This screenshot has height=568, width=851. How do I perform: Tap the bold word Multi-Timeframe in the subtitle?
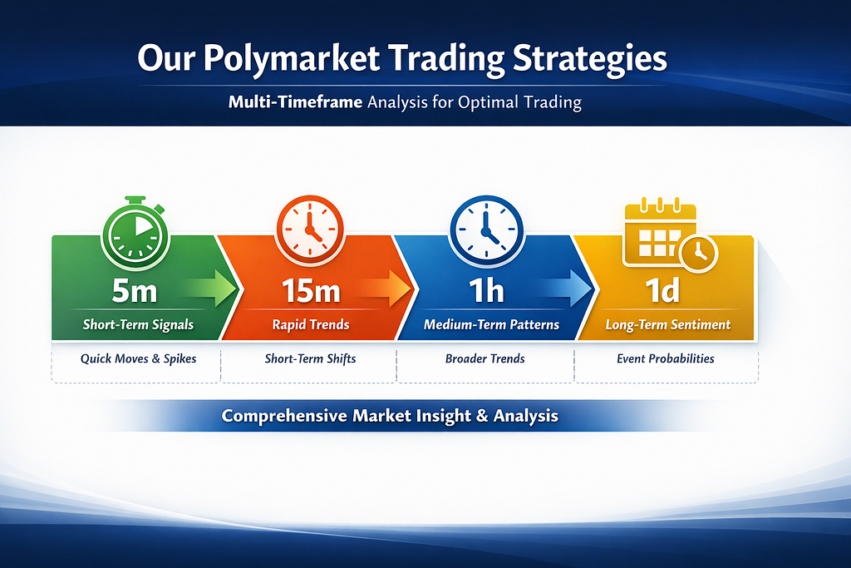[x=295, y=102]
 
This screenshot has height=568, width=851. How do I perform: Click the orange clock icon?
[x=310, y=230]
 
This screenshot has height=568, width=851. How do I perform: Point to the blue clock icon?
[x=486, y=230]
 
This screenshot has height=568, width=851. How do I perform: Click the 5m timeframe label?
[x=134, y=290]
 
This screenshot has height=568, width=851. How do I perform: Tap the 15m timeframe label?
[x=311, y=290]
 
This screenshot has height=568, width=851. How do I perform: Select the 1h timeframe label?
[x=487, y=290]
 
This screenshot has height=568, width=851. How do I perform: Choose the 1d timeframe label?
[x=662, y=290]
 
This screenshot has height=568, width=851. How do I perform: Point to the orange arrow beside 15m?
[x=386, y=288]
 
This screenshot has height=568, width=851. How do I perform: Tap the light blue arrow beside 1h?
[x=566, y=288]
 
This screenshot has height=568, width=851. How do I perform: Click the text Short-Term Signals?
[x=138, y=324]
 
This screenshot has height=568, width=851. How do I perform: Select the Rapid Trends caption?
[x=311, y=324]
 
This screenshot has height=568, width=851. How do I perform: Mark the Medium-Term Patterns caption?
[x=491, y=324]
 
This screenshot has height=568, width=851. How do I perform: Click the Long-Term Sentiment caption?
[x=668, y=324]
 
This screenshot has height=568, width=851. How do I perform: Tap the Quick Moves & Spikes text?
[x=139, y=358]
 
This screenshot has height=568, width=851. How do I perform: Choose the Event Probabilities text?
[x=666, y=358]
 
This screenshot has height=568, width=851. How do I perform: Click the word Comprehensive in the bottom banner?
[x=284, y=416]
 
